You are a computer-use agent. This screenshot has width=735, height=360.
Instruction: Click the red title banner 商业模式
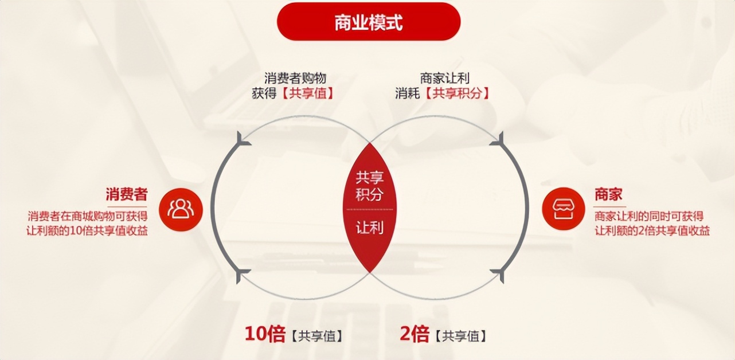tap(369, 22)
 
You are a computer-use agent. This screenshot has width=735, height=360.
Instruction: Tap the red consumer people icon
tap(181, 209)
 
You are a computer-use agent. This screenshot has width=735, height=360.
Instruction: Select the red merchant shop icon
tap(564, 209)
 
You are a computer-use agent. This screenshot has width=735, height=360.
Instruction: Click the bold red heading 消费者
tap(127, 194)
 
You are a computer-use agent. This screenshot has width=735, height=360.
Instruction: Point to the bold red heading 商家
tap(608, 194)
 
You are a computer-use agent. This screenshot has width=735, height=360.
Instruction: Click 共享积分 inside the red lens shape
tap(370, 186)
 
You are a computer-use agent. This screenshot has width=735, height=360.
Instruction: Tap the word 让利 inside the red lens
tap(370, 228)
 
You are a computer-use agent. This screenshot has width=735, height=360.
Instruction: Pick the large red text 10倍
tap(265, 334)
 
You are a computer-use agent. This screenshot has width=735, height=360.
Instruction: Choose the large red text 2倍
tap(415, 334)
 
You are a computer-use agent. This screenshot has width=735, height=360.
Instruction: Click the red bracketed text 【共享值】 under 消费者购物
tap(308, 93)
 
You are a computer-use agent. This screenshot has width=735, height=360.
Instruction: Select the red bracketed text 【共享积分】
tap(458, 93)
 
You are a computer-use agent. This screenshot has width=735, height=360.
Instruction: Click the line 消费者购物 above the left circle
tap(295, 79)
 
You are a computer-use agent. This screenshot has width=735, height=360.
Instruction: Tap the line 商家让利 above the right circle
tap(444, 79)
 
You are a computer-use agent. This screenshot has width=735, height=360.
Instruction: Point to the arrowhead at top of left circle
tap(243, 139)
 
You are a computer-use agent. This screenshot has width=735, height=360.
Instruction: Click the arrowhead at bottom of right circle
tap(498, 275)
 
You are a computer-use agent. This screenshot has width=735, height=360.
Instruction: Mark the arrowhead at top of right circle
tap(498, 139)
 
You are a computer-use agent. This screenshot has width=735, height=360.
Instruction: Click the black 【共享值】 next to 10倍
tap(317, 336)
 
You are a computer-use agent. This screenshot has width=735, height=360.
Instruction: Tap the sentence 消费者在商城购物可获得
tap(88, 216)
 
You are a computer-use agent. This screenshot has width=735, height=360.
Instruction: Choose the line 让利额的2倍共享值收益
tap(652, 230)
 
